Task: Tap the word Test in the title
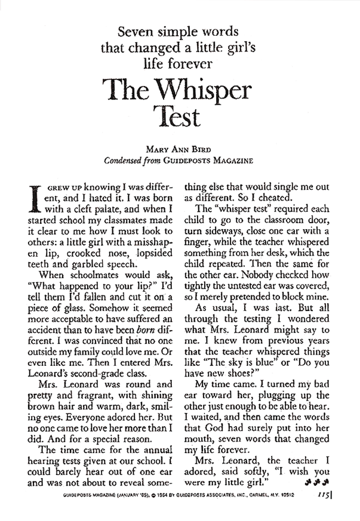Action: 180,116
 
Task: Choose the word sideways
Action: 229,243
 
